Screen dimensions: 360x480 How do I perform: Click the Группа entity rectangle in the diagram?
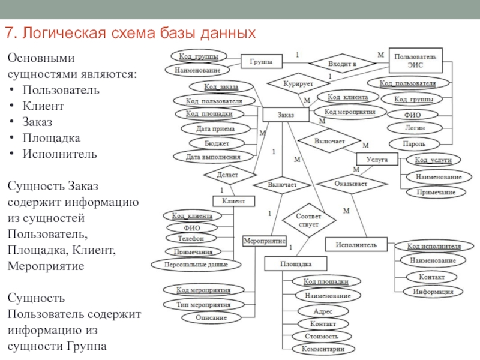(x=262, y=61)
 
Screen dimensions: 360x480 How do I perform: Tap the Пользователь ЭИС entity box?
(x=415, y=60)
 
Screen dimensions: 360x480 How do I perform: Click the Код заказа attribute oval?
(x=220, y=88)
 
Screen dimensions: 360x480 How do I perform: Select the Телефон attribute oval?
(x=191, y=238)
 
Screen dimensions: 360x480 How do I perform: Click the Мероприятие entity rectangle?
(x=264, y=241)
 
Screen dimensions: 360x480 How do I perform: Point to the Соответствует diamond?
(x=309, y=219)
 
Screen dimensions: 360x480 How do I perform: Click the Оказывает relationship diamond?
(x=351, y=184)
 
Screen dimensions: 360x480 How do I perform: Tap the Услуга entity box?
(x=377, y=160)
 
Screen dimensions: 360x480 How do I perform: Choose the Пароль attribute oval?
(x=415, y=144)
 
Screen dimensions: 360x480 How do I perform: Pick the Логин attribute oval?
(x=415, y=128)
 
